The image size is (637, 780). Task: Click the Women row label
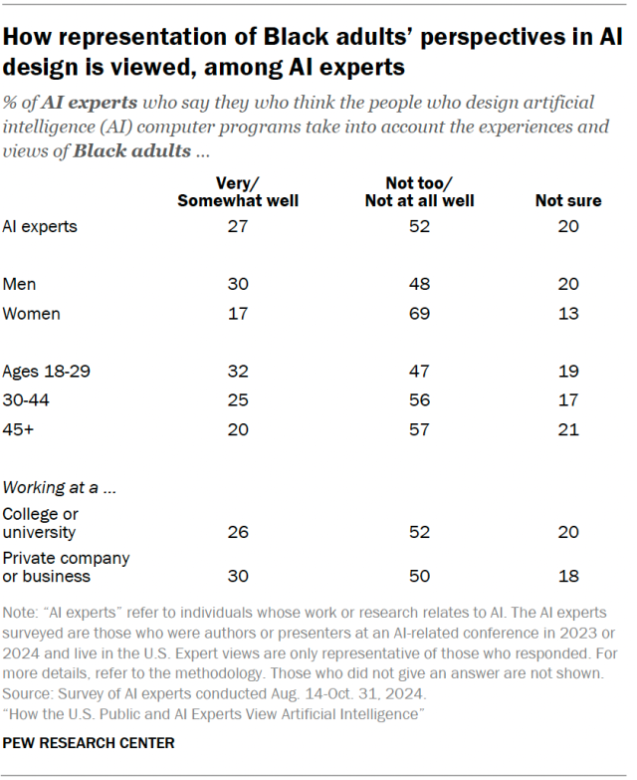[32, 314]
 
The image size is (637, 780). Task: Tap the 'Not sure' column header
[568, 200]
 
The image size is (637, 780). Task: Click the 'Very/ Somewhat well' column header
[238, 191]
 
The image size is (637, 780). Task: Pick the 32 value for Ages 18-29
[238, 372]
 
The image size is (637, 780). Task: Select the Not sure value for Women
[568, 314]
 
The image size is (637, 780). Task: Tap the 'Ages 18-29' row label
[47, 372]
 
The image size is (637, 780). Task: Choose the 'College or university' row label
[41, 523]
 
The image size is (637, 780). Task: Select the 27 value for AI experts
[238, 226]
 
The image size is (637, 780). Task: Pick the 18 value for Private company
[568, 576]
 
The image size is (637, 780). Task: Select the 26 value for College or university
[238, 532]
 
